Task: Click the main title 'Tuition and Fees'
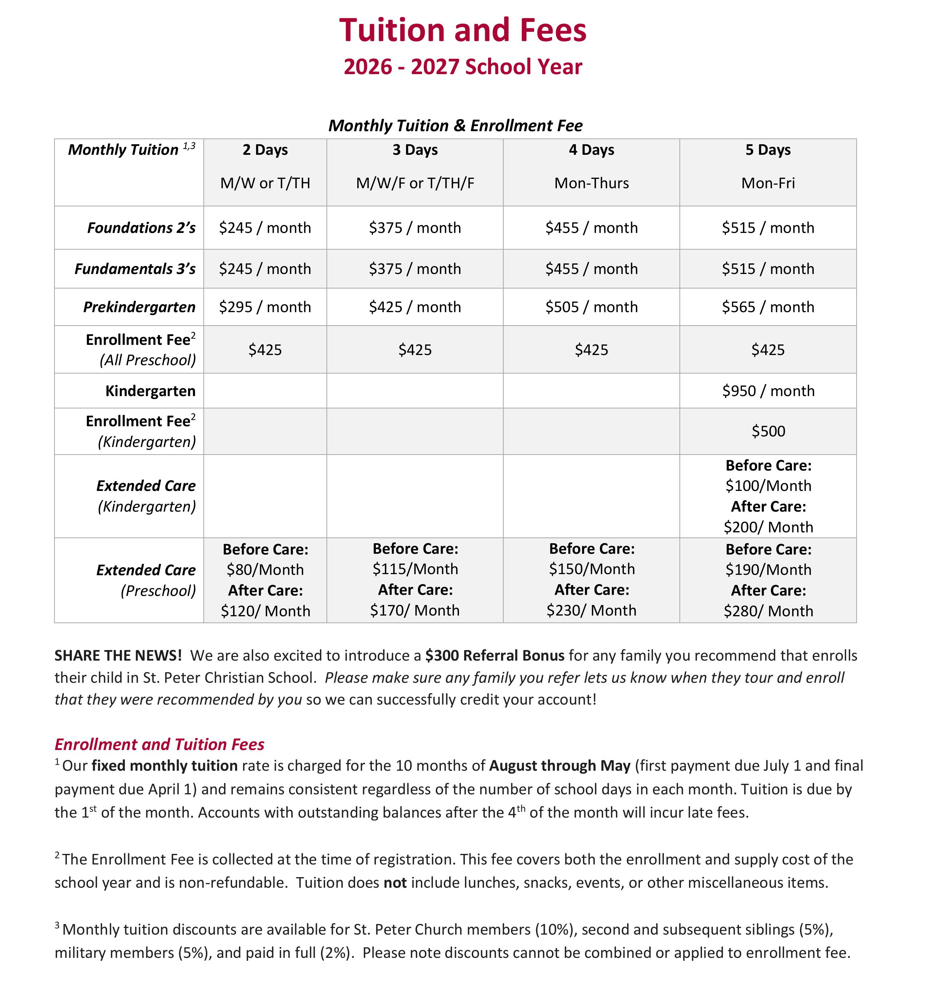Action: pyautogui.click(x=462, y=31)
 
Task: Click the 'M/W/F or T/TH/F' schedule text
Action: pyautogui.click(x=415, y=184)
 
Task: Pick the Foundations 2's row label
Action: pyautogui.click(x=141, y=228)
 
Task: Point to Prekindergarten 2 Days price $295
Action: pyautogui.click(x=265, y=307)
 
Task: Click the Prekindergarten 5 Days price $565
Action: pyautogui.click(x=767, y=307)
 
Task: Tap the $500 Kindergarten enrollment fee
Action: pyautogui.click(x=768, y=431)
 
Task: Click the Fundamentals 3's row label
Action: pyautogui.click(x=135, y=269)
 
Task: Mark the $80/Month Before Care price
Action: pyautogui.click(x=265, y=570)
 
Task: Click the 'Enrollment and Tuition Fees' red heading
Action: pyautogui.click(x=159, y=745)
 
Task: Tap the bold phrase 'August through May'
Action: pyautogui.click(x=559, y=766)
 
